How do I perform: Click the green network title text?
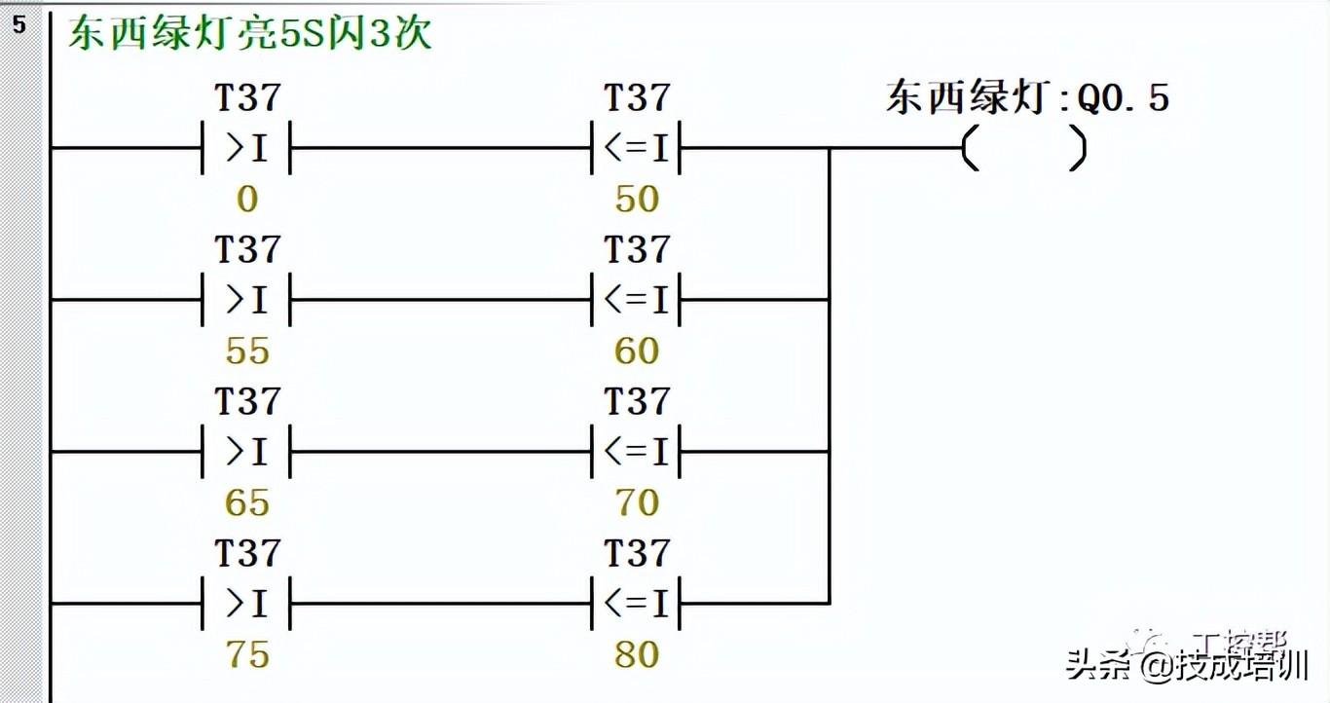[x=249, y=34]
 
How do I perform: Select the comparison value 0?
[x=247, y=200]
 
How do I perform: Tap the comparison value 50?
[x=637, y=200]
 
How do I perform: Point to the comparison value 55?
[x=247, y=351]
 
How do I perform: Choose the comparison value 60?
[x=637, y=351]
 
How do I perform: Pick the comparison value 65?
[x=247, y=503]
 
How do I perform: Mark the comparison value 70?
[x=637, y=503]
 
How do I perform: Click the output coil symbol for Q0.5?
[x=1023, y=149]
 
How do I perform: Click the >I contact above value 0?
[x=247, y=149]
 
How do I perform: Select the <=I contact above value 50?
[x=637, y=149]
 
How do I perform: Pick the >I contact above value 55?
[x=247, y=300]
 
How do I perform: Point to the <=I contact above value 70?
[x=637, y=452]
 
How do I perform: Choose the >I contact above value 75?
[x=247, y=604]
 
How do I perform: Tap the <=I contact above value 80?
[x=637, y=604]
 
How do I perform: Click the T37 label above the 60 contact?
[x=637, y=250]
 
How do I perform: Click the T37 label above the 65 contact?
[x=247, y=402]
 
